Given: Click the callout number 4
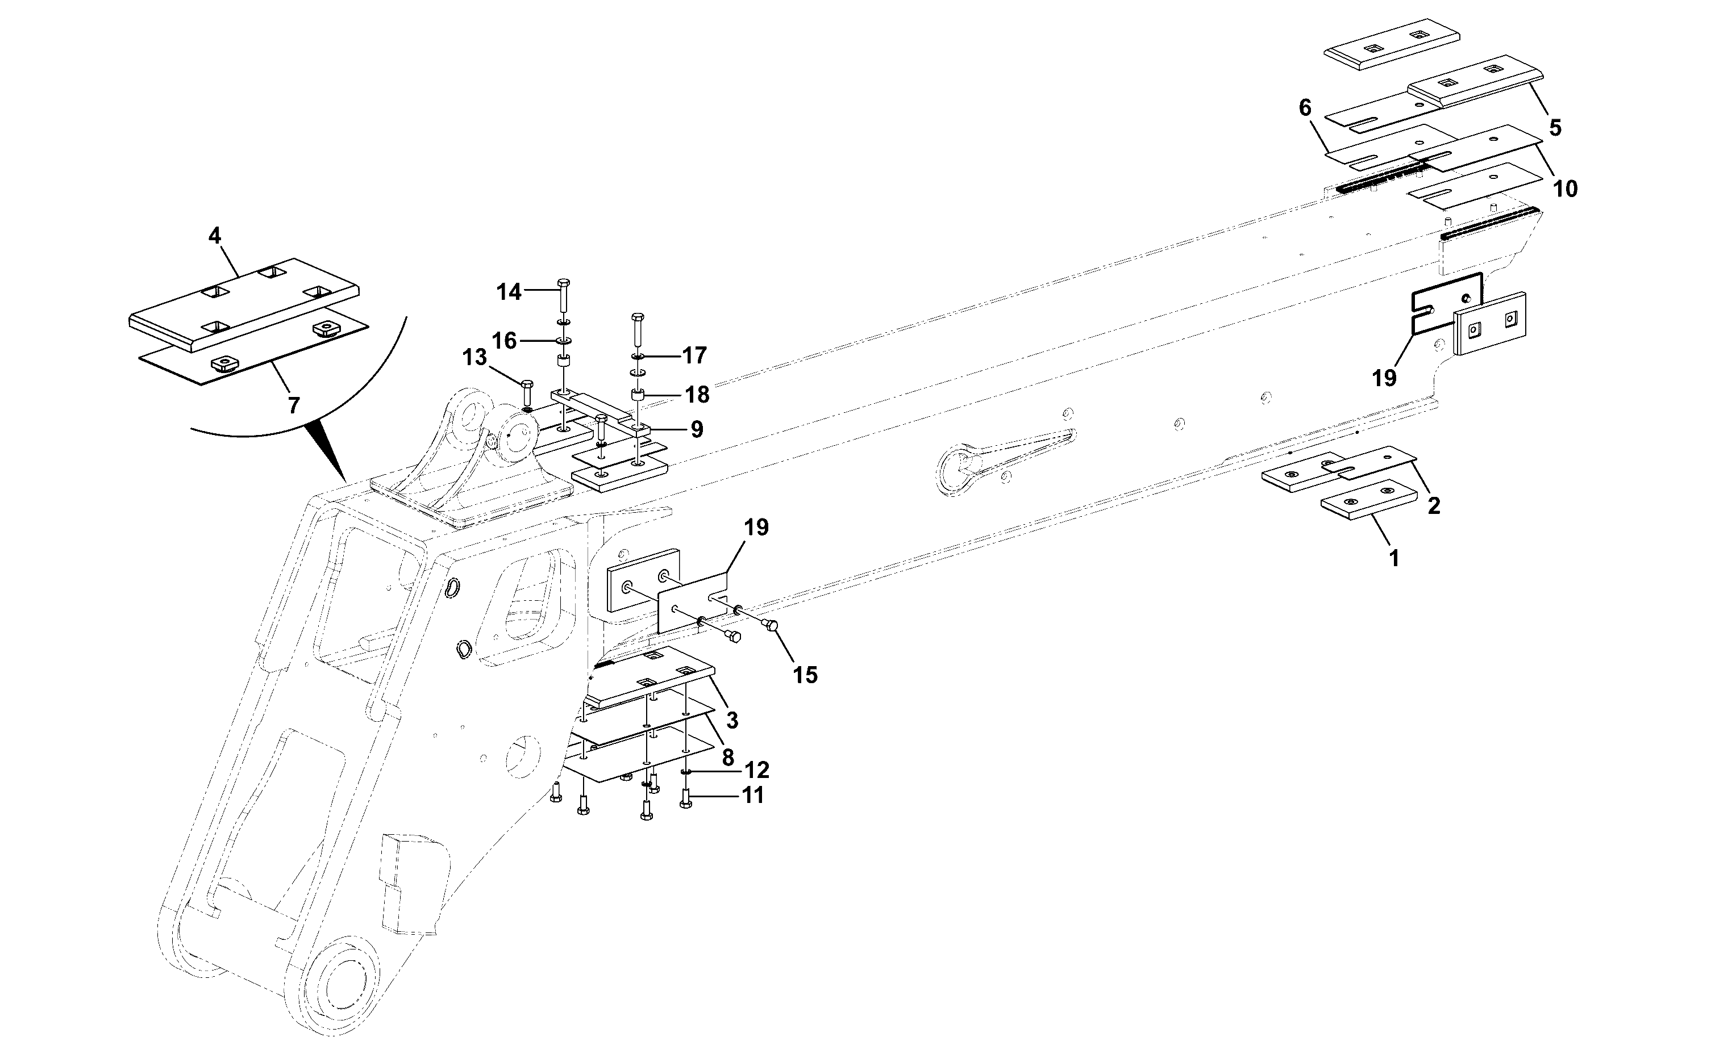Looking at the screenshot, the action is point(215,236).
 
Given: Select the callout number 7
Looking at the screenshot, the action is point(294,405).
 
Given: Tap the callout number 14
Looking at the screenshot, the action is point(509,292).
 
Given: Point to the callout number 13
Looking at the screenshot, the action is point(475,358).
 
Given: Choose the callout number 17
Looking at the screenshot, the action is point(694,355).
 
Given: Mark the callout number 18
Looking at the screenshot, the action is point(697,395).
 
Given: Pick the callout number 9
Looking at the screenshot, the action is point(697,430).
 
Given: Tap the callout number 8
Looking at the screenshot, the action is point(728,756).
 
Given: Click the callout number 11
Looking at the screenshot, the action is point(753,795).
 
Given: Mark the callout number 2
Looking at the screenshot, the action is point(1433,506).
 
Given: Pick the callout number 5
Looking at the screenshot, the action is point(1555,128).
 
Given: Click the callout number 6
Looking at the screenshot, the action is point(1305,108).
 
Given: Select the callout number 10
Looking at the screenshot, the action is point(1565,188).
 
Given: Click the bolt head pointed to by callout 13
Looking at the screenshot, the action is point(526,384).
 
